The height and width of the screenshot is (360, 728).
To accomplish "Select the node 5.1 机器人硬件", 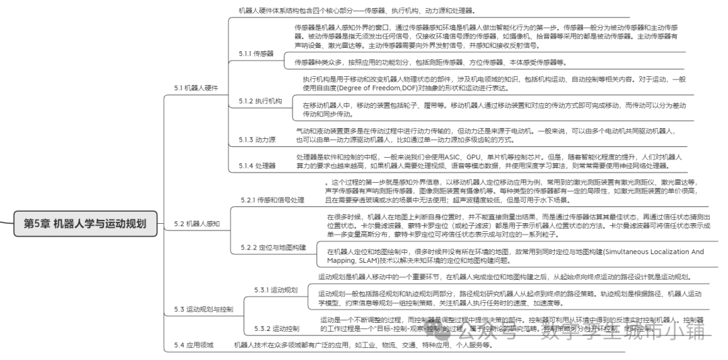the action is [x=196, y=88].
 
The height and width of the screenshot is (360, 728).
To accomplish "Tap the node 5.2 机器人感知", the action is [x=197, y=223].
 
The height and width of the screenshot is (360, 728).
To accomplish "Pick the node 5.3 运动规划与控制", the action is [x=204, y=309].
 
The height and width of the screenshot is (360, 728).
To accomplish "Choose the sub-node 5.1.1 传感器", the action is [x=256, y=53].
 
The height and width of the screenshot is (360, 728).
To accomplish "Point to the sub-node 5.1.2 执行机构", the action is [x=259, y=101].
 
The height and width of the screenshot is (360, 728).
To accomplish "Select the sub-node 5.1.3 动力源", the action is [x=257, y=140].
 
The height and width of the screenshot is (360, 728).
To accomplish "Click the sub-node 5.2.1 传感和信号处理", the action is [x=273, y=200].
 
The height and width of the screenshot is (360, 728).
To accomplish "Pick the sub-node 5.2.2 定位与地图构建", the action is [x=274, y=267].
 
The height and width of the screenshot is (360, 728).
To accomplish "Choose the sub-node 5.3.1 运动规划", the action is [x=276, y=290].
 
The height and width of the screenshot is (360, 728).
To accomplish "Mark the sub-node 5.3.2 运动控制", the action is [x=277, y=329].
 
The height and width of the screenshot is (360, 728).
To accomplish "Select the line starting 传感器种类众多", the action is [x=429, y=63].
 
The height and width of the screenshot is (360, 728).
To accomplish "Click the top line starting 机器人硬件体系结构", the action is [x=357, y=11].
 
